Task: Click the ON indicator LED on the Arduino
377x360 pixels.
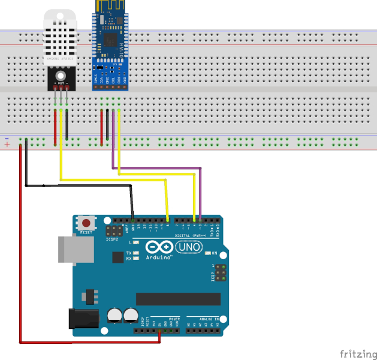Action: [207, 253]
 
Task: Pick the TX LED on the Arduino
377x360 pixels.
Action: [137, 253]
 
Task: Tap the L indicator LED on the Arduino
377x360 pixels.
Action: [137, 242]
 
